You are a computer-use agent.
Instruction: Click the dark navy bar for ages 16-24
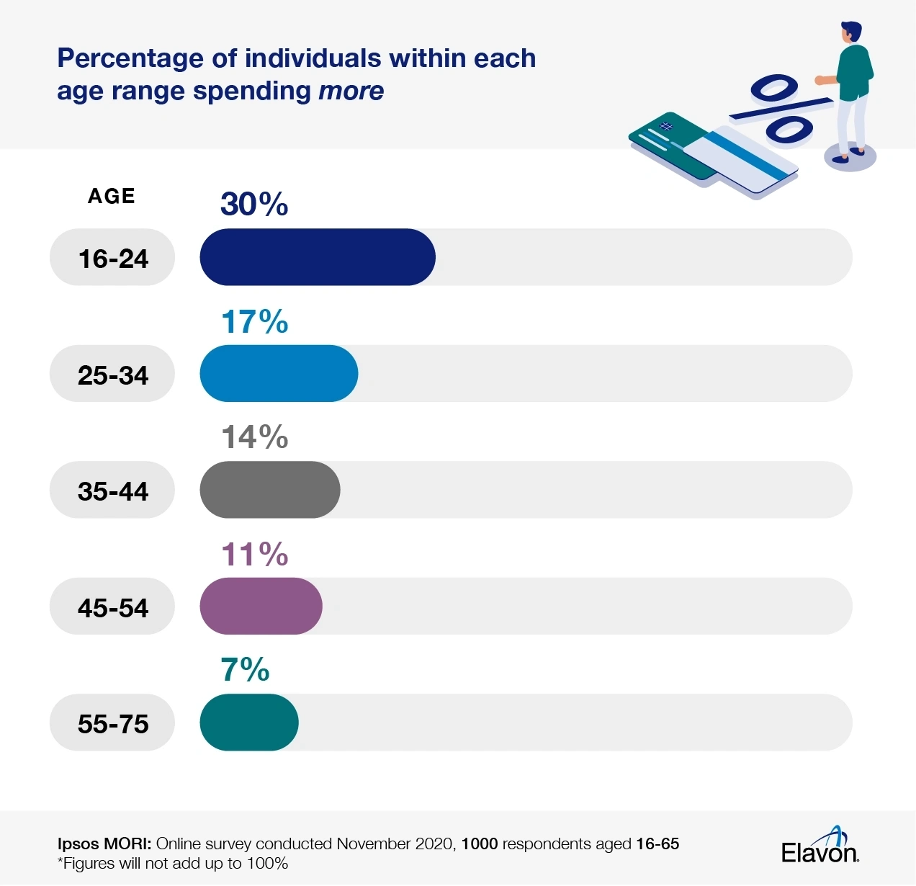click(x=317, y=257)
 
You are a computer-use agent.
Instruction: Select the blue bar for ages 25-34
click(x=279, y=373)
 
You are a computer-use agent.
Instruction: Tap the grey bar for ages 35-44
click(x=269, y=490)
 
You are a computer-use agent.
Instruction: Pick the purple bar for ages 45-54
click(x=261, y=606)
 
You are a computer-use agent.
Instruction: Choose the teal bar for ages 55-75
click(x=248, y=722)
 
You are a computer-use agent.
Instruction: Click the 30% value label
click(x=254, y=205)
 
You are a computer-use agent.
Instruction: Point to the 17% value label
click(x=254, y=322)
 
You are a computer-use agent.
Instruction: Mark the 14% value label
click(x=254, y=437)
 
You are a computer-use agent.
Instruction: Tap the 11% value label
click(x=254, y=555)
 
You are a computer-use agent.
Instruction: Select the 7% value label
click(x=245, y=670)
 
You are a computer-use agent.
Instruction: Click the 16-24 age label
click(x=113, y=259)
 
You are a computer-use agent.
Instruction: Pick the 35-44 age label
click(x=113, y=491)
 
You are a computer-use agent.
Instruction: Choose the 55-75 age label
click(x=113, y=724)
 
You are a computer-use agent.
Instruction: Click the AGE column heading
click(x=112, y=196)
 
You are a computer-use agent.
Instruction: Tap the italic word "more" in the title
click(x=351, y=91)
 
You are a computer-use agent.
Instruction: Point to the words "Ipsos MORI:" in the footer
click(x=104, y=844)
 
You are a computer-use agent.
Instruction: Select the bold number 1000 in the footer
click(x=479, y=844)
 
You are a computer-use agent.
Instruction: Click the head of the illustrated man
click(x=851, y=33)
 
